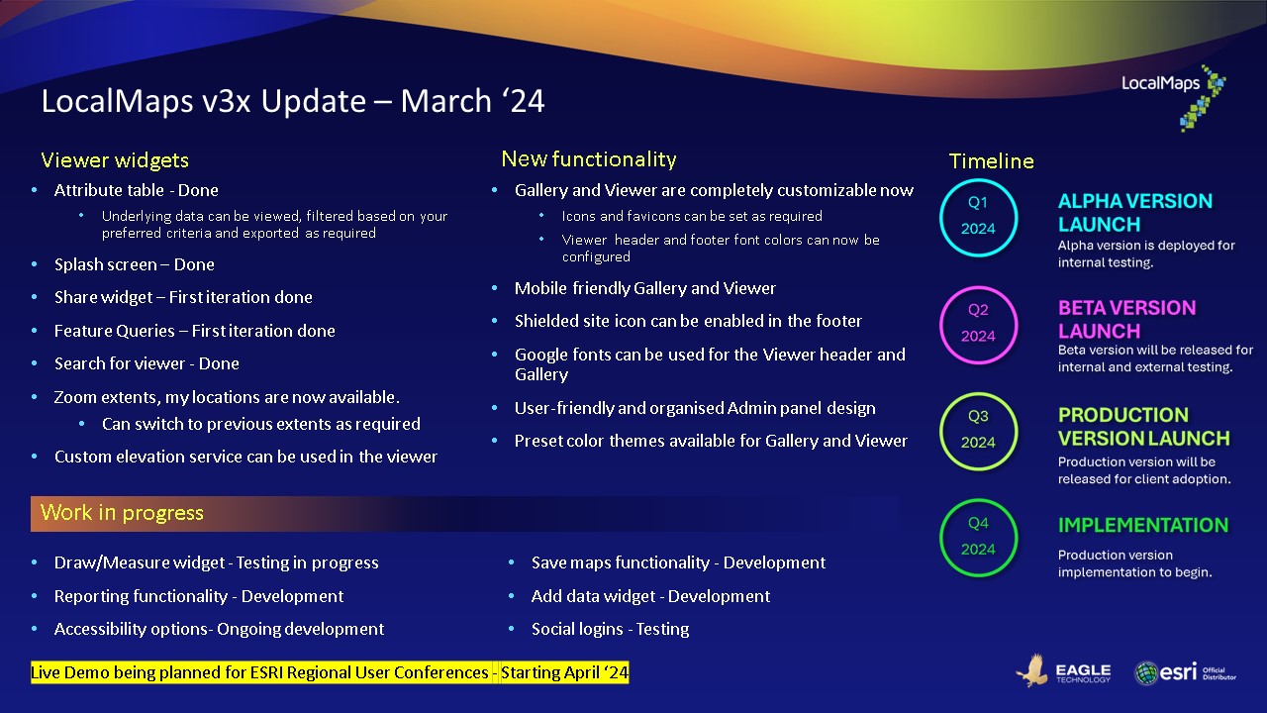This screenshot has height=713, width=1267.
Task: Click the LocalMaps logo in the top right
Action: [1174, 97]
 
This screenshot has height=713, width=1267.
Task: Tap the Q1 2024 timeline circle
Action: [978, 216]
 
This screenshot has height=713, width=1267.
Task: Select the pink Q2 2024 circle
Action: [978, 323]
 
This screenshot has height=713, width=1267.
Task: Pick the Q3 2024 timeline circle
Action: [978, 430]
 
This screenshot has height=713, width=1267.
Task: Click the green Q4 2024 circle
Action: [978, 537]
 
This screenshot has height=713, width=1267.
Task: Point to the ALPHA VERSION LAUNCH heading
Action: [1134, 213]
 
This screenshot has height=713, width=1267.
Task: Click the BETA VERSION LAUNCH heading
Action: [1126, 320]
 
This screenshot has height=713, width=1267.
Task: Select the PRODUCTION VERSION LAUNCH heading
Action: [1143, 427]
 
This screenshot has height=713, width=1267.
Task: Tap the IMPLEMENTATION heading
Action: [1142, 526]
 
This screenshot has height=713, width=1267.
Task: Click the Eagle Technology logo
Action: [1063, 672]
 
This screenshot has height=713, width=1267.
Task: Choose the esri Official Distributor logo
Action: [1185, 672]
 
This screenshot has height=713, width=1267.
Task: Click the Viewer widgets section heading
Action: [115, 160]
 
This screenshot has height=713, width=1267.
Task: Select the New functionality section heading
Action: [588, 159]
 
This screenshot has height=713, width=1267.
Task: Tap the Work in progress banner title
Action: [122, 513]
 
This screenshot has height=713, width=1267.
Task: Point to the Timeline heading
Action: [991, 161]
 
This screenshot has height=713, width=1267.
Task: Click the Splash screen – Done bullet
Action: [134, 264]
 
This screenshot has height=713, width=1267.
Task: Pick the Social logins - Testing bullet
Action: [610, 629]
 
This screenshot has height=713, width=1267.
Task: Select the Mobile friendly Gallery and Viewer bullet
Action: [644, 288]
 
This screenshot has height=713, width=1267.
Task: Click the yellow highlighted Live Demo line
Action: [330, 673]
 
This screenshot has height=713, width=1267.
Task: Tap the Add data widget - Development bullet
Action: [650, 596]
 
